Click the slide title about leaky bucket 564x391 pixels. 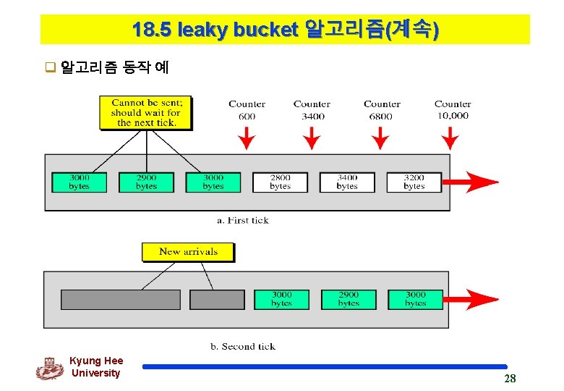point(285,30)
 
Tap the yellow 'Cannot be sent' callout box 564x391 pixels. point(147,113)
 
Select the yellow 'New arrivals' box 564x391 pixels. point(188,252)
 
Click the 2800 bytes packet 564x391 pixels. point(280,182)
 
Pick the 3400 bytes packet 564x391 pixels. point(347,182)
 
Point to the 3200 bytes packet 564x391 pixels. point(414,182)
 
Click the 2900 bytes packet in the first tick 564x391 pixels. point(146,182)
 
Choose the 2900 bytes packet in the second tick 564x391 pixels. point(349,299)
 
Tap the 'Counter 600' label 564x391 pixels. point(247,110)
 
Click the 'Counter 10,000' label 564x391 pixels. point(453,110)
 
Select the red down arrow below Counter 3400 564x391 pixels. point(312,137)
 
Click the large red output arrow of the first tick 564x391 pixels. point(471,182)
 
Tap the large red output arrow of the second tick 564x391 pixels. point(471,298)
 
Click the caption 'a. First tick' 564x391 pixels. point(242,220)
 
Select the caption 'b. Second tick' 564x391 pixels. point(243,346)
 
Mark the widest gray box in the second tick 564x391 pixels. point(121,299)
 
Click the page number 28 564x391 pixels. point(510,379)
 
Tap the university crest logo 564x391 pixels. point(50,368)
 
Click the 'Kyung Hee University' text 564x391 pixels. point(96,366)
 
